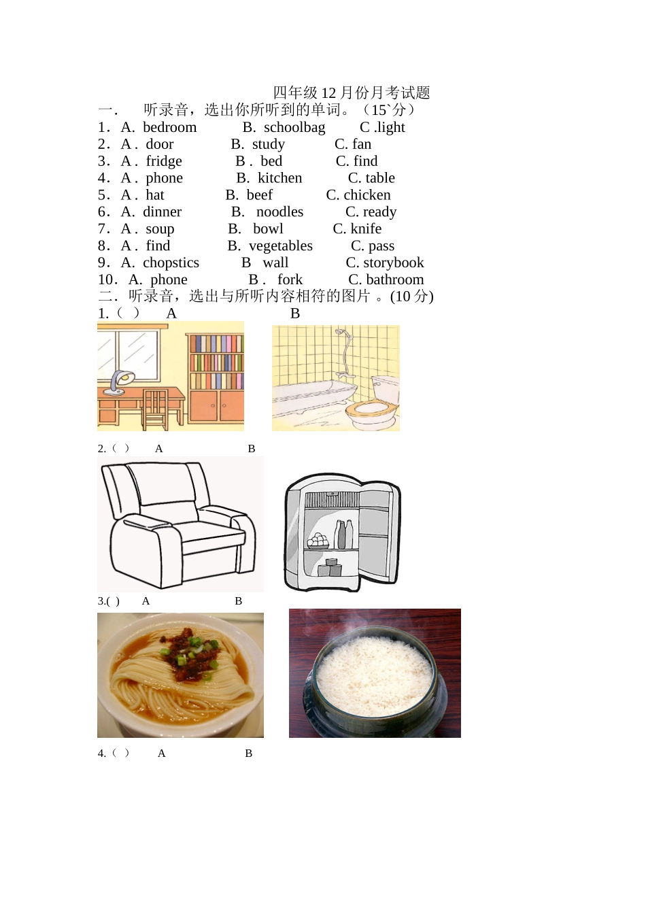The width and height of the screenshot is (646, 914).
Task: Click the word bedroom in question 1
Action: pos(170,127)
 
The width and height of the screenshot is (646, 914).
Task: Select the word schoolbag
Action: pos(294,128)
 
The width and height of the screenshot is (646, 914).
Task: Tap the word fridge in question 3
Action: pos(164,162)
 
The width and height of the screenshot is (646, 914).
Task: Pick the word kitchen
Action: pos(280,178)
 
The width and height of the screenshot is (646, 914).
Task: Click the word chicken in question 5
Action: pos(367,195)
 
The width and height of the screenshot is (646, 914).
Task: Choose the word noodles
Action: pos(280,211)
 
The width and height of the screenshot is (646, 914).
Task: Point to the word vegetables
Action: pos(281,246)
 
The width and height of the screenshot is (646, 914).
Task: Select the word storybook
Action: pos(394,263)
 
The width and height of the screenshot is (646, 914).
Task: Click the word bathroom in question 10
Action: pos(395,280)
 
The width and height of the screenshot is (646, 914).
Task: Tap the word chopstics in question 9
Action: pos(171,263)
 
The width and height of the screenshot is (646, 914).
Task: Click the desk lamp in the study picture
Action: pos(118,383)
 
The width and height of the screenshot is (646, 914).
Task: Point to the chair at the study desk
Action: pos(155,409)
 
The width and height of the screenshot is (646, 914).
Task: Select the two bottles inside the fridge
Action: pos(343,534)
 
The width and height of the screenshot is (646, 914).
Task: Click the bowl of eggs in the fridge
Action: pos(318,541)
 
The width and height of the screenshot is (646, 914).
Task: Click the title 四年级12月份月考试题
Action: pos(352,93)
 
